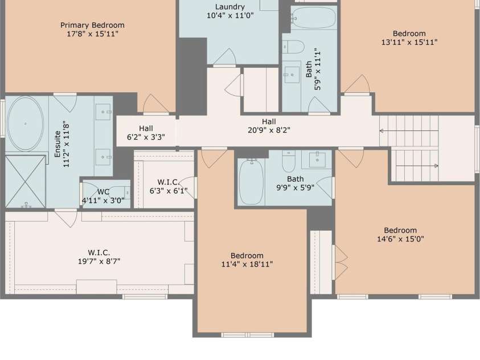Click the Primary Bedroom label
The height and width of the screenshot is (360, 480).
(92, 25)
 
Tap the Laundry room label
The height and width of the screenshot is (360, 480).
(230, 7)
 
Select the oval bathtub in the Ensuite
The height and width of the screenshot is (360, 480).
(25, 124)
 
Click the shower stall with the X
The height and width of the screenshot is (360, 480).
(26, 181)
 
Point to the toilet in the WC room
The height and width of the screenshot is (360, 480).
(127, 193)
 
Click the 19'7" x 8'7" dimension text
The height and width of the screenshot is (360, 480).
(99, 261)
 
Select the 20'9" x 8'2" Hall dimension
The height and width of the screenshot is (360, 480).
(269, 130)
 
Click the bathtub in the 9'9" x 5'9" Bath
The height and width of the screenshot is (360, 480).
(251, 182)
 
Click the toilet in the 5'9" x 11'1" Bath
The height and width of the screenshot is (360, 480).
(293, 47)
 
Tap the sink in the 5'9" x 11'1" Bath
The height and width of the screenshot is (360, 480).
(292, 75)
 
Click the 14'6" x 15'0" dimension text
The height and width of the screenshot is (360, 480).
(400, 239)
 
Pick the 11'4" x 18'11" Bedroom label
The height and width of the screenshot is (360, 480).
(247, 256)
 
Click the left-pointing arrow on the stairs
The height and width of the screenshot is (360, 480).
(409, 130)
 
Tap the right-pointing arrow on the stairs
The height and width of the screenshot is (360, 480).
(417, 166)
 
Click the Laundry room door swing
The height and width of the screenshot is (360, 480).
(225, 57)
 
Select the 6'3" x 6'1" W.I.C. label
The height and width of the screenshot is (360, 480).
(169, 182)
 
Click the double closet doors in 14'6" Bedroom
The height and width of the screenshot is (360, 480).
(340, 262)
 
